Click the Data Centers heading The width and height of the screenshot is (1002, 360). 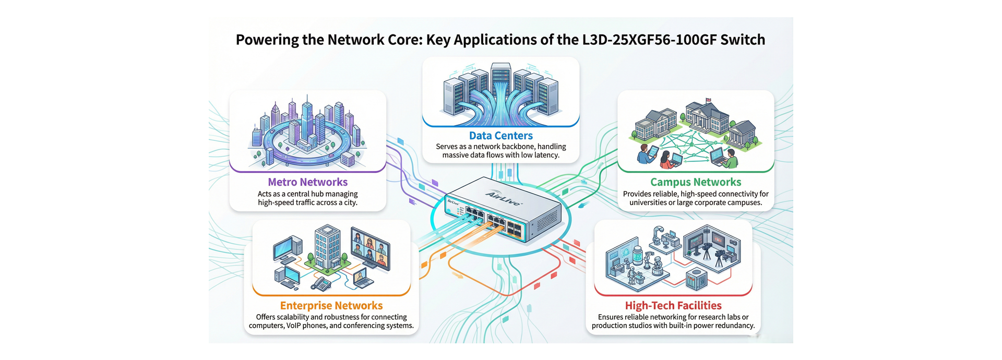click(500, 136)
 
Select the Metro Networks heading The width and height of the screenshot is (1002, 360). click(307, 182)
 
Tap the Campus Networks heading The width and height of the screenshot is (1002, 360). click(695, 182)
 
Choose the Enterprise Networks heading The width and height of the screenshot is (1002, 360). click(331, 306)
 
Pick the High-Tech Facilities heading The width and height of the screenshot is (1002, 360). click(673, 306)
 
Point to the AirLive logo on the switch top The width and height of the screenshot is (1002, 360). click(504, 198)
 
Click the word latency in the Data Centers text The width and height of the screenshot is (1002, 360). click(546, 155)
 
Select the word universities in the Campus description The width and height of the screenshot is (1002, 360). click(648, 202)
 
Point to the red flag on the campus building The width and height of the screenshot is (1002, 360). click(708, 101)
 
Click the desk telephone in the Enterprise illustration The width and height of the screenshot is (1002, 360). click(321, 283)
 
